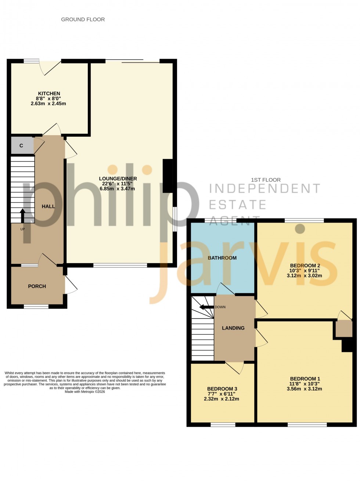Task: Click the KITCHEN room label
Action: click(x=49, y=94)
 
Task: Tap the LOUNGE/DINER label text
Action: click(x=118, y=179)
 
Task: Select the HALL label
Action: click(x=48, y=206)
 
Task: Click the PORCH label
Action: click(x=37, y=286)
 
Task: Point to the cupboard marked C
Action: click(x=21, y=146)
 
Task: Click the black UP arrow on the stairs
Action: click(x=23, y=216)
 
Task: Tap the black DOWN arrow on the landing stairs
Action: click(x=206, y=307)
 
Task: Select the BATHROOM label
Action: click(x=222, y=258)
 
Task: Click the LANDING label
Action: click(x=233, y=328)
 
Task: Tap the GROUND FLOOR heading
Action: click(x=83, y=19)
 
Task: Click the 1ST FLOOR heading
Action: click(x=266, y=180)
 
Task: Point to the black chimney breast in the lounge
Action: click(x=168, y=176)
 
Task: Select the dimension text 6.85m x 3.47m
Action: click(x=118, y=189)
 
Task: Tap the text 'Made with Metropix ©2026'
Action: click(x=85, y=392)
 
